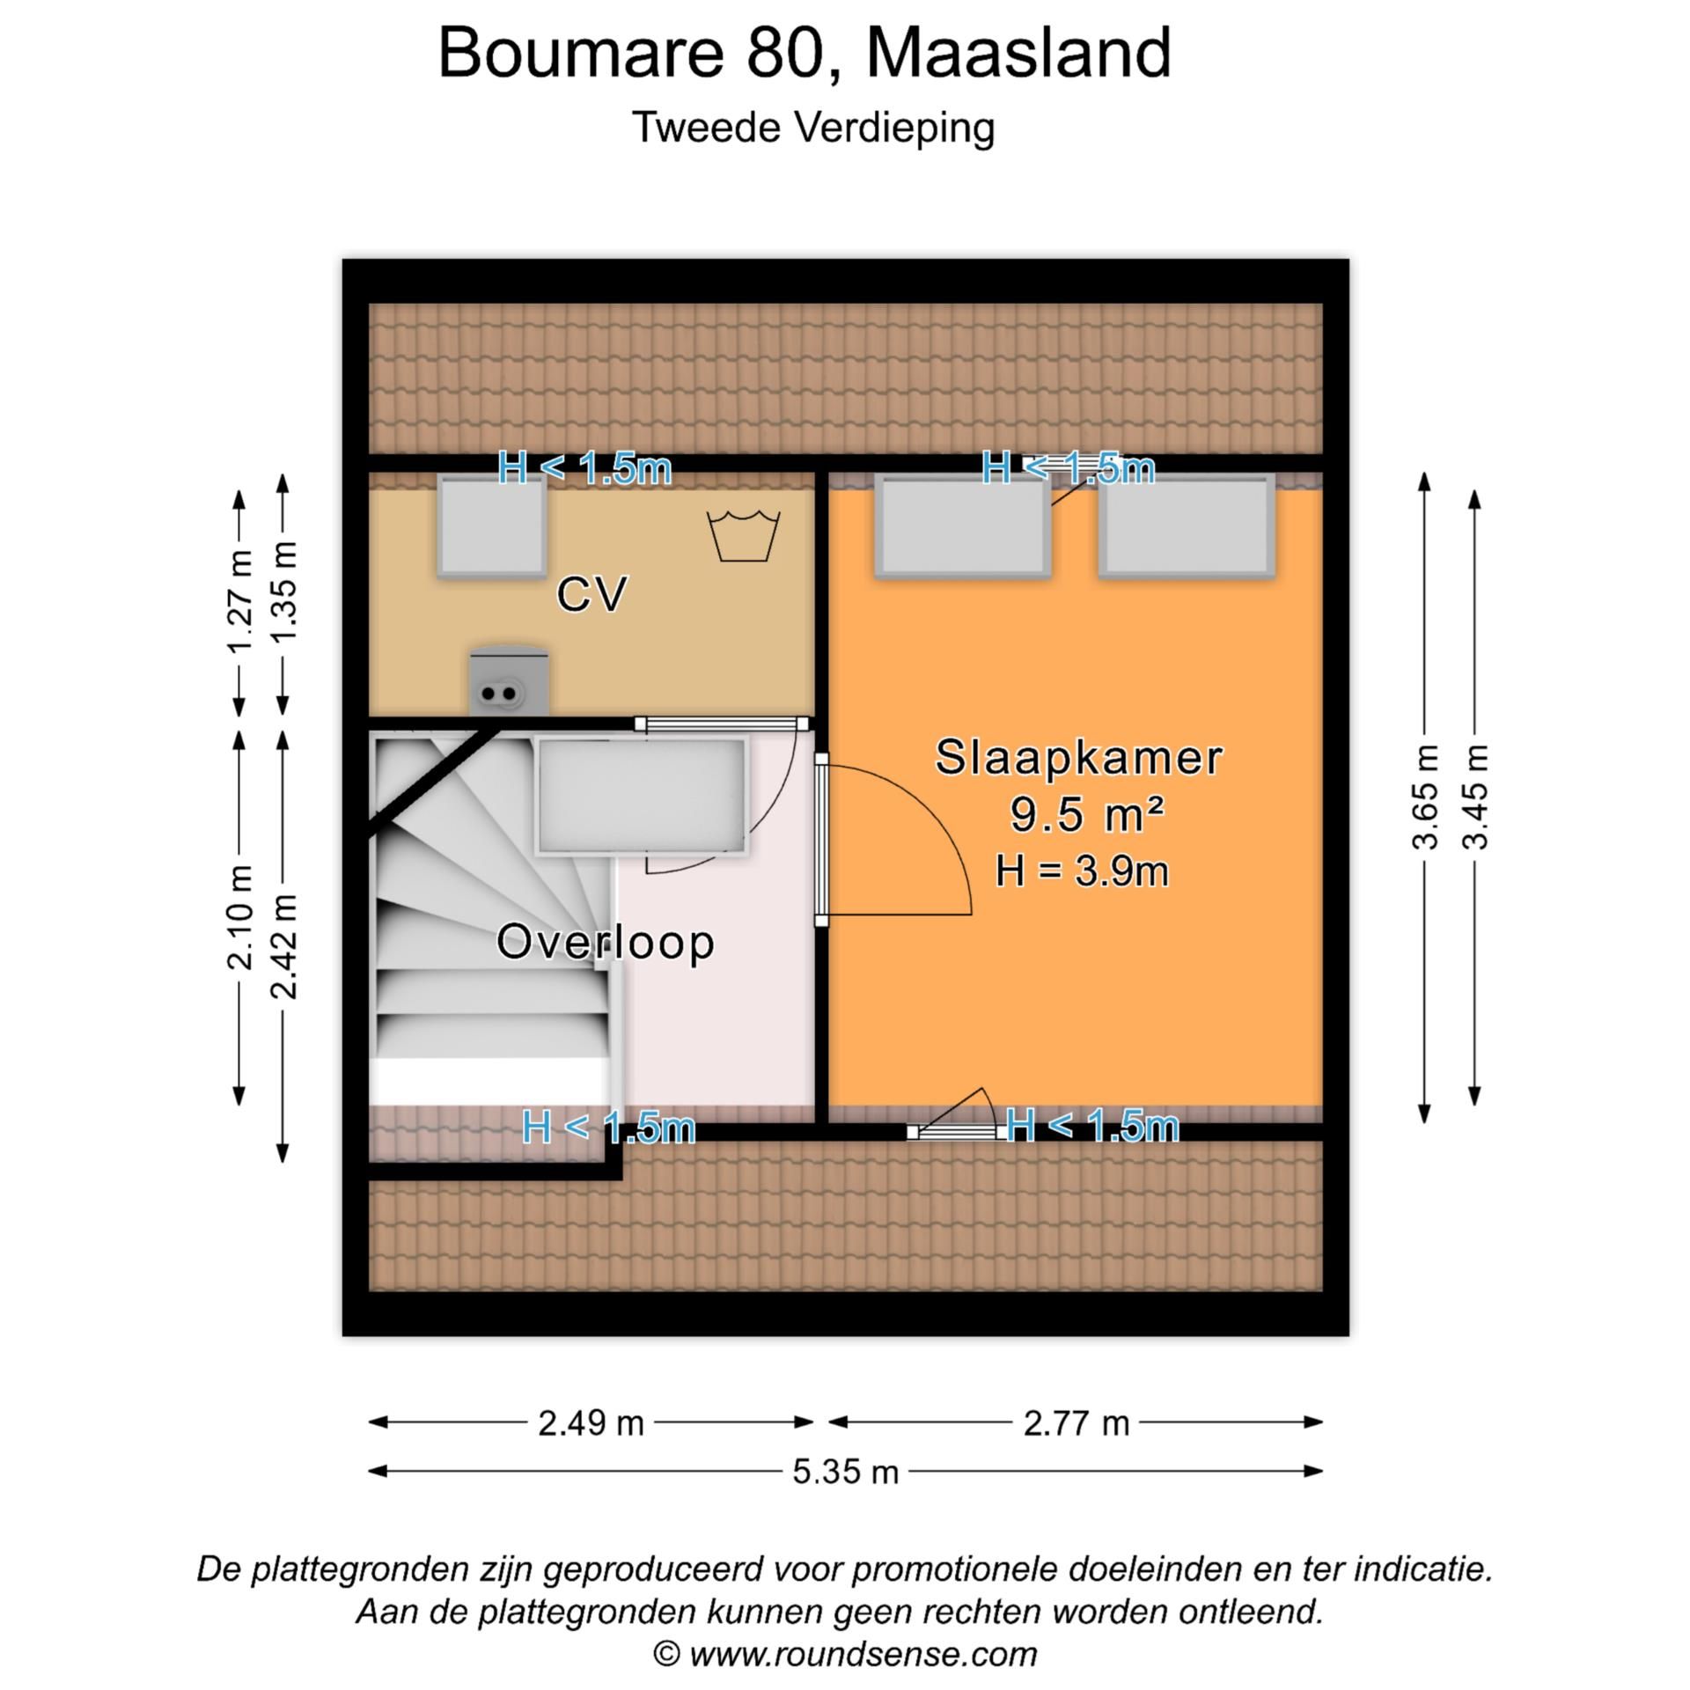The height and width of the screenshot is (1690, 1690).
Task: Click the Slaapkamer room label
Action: click(1078, 758)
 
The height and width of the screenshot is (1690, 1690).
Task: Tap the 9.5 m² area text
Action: click(1087, 814)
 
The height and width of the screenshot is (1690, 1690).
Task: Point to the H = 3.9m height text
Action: click(1082, 871)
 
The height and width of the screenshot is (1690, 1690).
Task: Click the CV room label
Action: click(591, 594)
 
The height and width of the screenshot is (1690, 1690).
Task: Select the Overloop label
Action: click(605, 942)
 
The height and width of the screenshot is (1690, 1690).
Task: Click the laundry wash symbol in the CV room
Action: click(744, 535)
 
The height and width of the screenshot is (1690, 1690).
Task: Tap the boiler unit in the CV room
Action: click(509, 680)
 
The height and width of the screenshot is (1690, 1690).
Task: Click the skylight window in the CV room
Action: click(492, 526)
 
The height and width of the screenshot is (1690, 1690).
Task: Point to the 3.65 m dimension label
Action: click(1425, 797)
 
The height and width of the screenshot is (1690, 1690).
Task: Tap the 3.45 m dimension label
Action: click(1475, 797)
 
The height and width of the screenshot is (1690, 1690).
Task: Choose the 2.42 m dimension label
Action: click(284, 945)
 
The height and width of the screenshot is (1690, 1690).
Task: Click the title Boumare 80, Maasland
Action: click(804, 53)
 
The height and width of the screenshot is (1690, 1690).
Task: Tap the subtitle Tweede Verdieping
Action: click(813, 128)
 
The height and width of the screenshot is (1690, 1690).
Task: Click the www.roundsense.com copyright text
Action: click(845, 1653)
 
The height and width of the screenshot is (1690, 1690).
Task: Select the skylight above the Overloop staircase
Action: click(641, 796)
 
